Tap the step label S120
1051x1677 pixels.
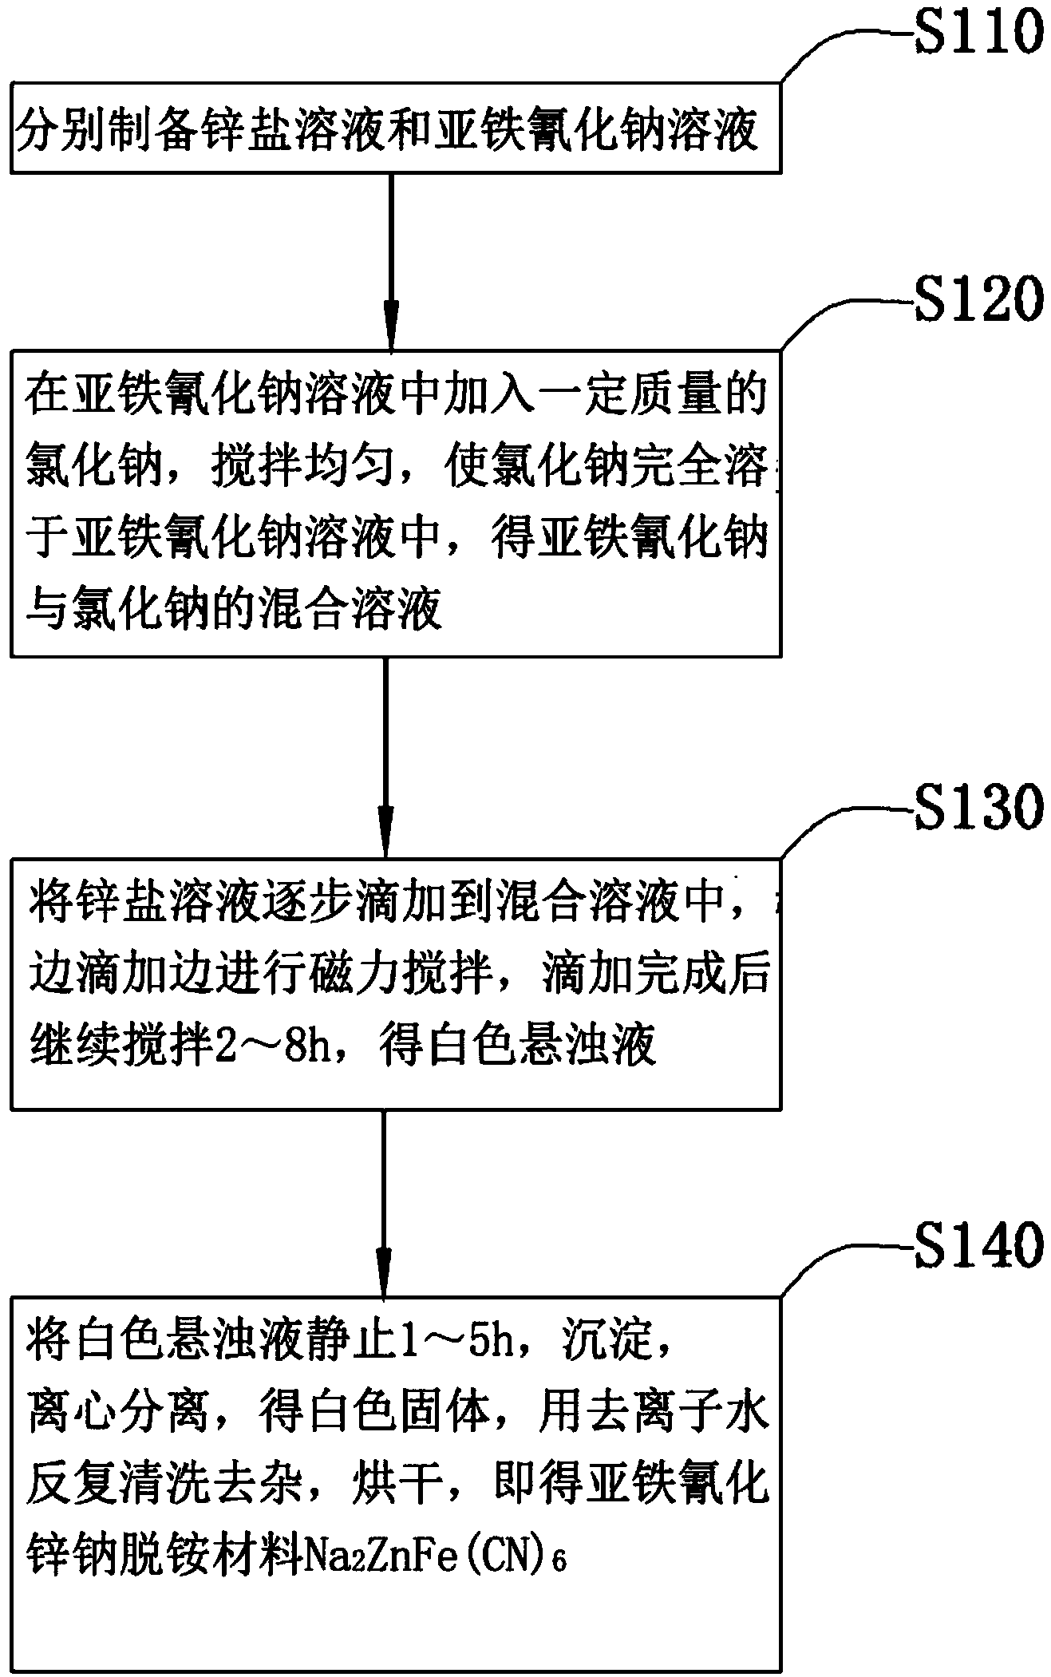[979, 299]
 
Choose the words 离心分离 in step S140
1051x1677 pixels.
[118, 1413]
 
